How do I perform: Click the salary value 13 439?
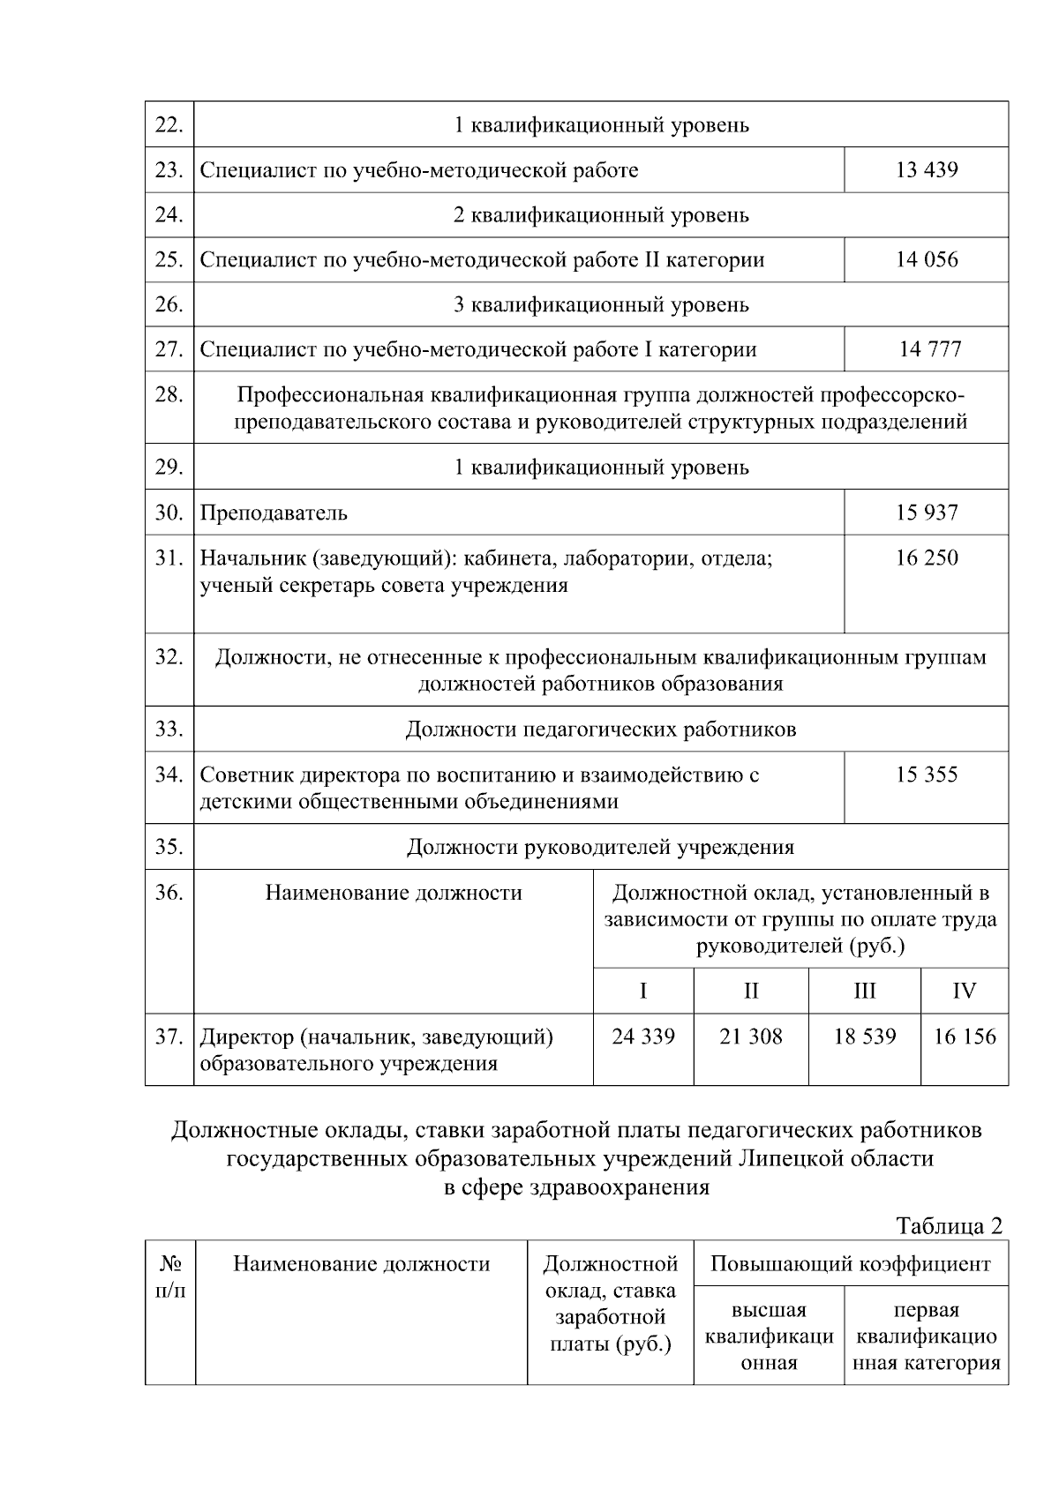[x=926, y=169]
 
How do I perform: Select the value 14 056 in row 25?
[x=926, y=259]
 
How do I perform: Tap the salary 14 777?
[x=929, y=349]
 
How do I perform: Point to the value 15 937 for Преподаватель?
[x=926, y=513]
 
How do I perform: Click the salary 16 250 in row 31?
[x=926, y=558]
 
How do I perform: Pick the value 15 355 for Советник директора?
[x=926, y=775]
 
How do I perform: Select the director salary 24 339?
[x=643, y=1037]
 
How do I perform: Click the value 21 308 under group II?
[x=750, y=1037]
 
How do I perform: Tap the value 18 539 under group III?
[x=864, y=1037]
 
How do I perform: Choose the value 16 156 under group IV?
[x=964, y=1037]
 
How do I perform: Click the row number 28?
[x=169, y=394]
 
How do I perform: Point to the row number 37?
[x=169, y=1037]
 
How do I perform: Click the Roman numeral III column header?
[x=864, y=991]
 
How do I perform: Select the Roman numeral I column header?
[x=643, y=991]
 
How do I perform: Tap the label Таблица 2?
[x=949, y=1225]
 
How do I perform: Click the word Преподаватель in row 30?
[x=274, y=513]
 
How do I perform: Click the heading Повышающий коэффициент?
[x=850, y=1264]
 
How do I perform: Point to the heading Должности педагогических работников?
[x=600, y=730]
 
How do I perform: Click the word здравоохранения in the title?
[x=620, y=1186]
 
